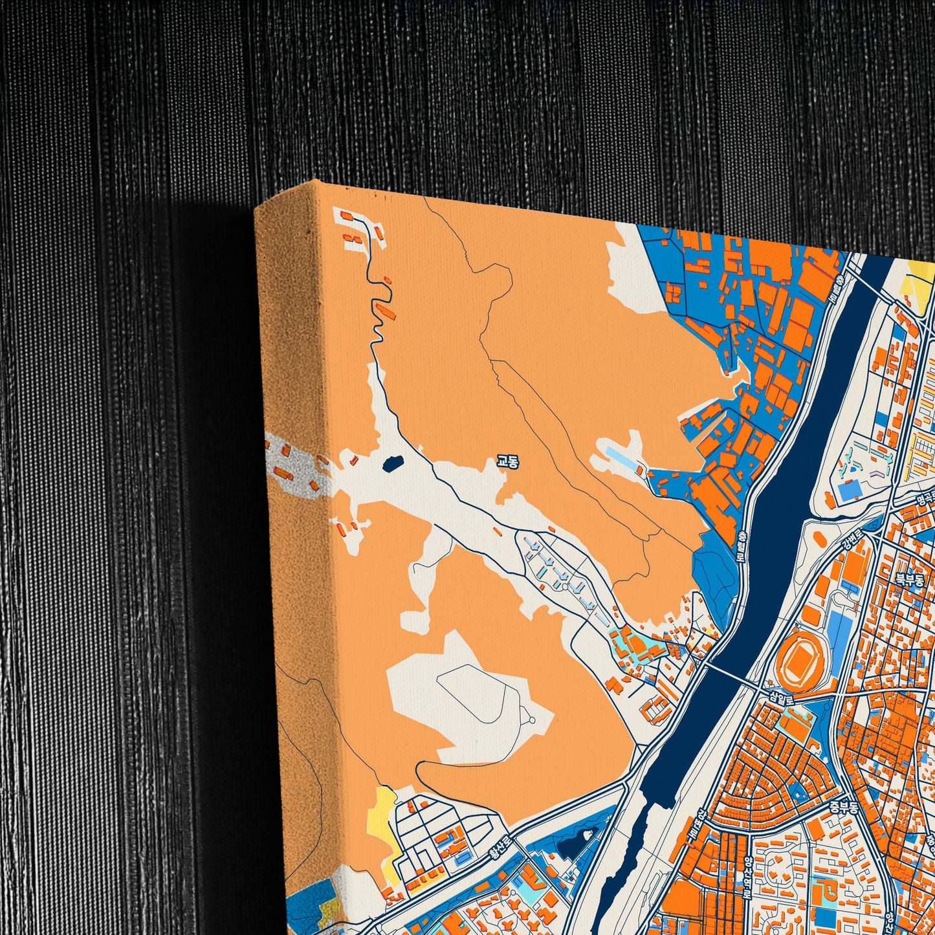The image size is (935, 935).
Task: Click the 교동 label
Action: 507,461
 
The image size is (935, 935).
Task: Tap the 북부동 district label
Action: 909,579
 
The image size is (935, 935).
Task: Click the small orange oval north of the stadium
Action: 819,538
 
